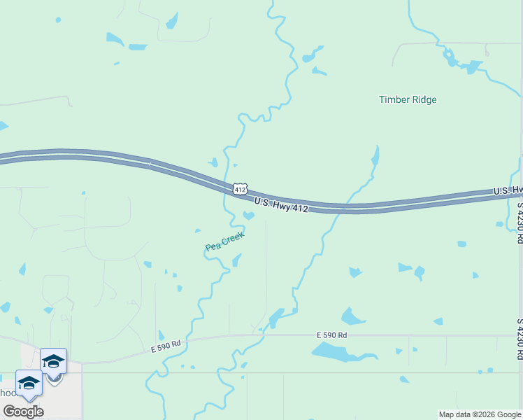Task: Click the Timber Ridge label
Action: tap(408, 99)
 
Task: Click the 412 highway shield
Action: tap(240, 189)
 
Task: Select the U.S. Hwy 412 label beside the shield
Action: tap(281, 204)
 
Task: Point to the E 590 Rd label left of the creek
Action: tap(166, 344)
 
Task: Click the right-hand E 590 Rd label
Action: tap(331, 335)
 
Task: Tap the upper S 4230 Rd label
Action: tap(520, 223)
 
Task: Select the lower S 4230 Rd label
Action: tap(520, 339)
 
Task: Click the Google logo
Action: tap(23, 412)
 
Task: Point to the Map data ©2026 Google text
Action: tap(479, 414)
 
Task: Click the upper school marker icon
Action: tap(53, 361)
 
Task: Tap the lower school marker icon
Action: tap(29, 383)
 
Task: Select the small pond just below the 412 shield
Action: tap(248, 215)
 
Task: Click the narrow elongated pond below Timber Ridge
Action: tap(375, 155)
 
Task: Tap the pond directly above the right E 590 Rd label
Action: tap(352, 317)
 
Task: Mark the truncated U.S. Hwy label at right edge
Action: tap(508, 190)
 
